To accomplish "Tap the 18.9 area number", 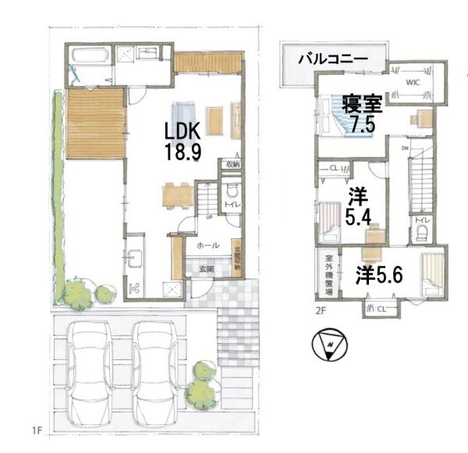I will point(183,151).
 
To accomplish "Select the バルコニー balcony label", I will point(333,59).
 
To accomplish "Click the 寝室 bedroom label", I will point(363,103).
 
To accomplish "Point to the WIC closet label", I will point(413,82).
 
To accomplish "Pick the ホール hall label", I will point(207,244).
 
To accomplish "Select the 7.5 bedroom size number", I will point(363,123).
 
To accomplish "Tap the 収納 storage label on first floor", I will point(233,165).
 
